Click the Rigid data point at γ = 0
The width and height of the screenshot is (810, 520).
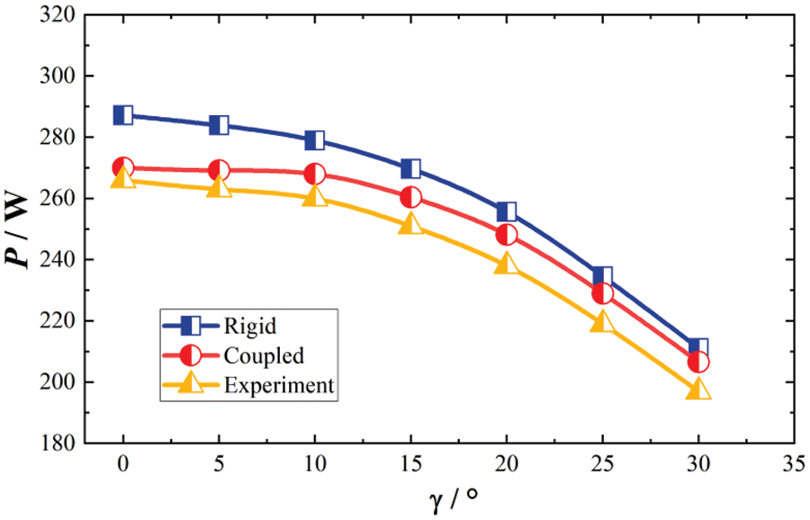(x=123, y=115)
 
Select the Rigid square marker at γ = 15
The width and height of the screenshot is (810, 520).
(x=410, y=168)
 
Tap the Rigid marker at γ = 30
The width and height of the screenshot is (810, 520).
(x=698, y=347)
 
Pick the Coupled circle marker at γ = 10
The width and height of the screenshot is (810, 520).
(x=315, y=175)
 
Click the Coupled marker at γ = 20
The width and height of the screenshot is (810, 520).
(x=507, y=235)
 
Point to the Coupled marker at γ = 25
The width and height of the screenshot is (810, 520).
(x=602, y=293)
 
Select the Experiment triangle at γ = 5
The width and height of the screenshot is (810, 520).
(x=219, y=187)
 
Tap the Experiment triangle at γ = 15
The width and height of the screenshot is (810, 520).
(x=410, y=224)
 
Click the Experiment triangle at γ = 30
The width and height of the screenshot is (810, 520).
(x=698, y=390)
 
